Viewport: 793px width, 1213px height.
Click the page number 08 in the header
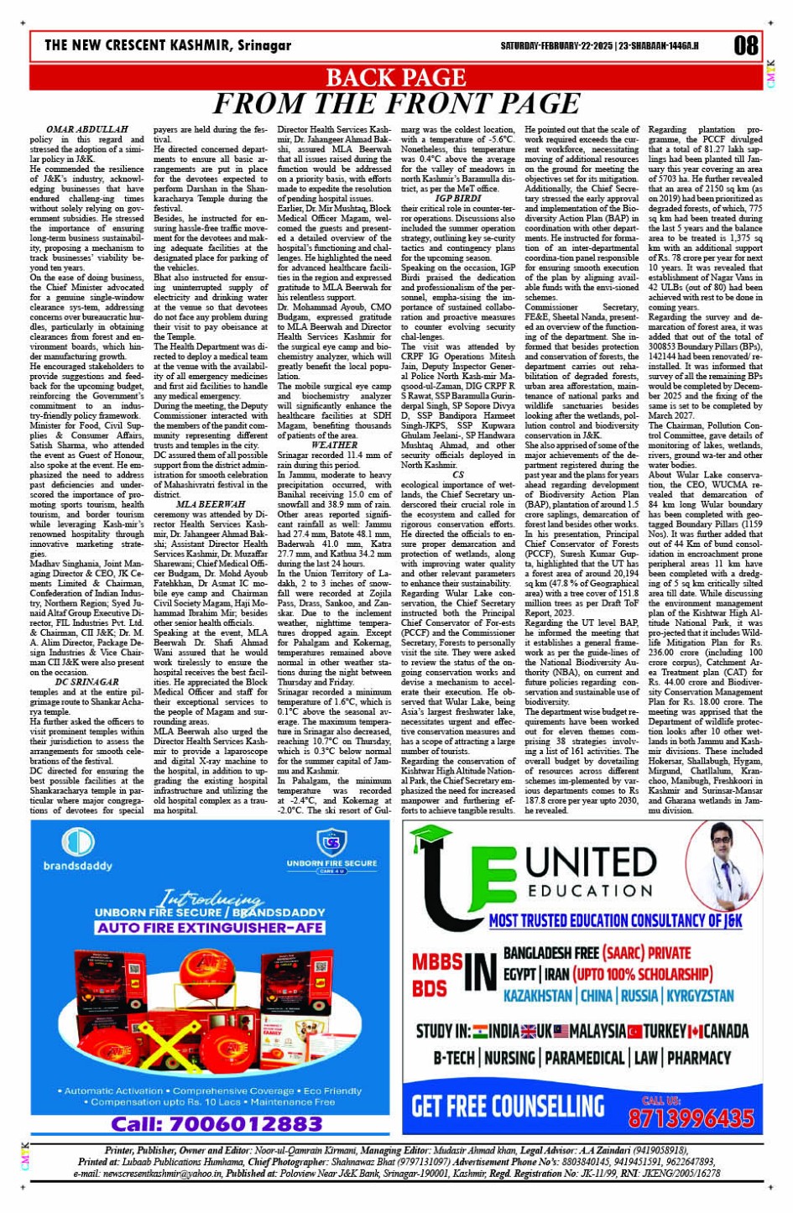point(745,45)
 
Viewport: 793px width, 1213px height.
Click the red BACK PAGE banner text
point(395,78)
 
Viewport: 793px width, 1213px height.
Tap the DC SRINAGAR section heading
point(87,682)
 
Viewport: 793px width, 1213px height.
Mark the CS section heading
point(457,475)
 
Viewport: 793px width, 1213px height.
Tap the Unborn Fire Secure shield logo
point(331,841)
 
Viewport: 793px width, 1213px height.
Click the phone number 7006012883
point(217,1123)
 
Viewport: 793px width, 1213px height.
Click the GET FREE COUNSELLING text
point(508,1106)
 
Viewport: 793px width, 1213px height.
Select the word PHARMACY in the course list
point(699,1057)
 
